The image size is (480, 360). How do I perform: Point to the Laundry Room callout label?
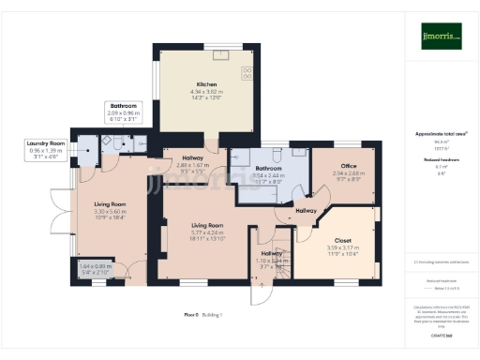pyautogui.click(x=44, y=143)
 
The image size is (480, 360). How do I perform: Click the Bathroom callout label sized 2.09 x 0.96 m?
pyautogui.click(x=124, y=106)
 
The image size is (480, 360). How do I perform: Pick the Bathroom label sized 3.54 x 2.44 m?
pyautogui.click(x=269, y=169)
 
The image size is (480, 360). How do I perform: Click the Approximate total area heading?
pyautogui.click(x=440, y=134)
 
